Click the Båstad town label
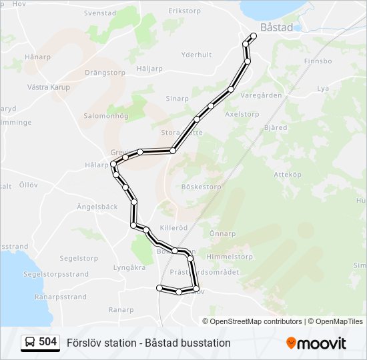pyautogui.click(x=276, y=28)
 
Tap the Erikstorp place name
pyautogui.click(x=185, y=11)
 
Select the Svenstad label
pyautogui.click(x=99, y=13)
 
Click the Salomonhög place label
pyautogui.click(x=105, y=116)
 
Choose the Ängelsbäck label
pyautogui.click(x=97, y=207)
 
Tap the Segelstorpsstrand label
pyautogui.click(x=55, y=274)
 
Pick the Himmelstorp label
pyautogui.click(x=227, y=257)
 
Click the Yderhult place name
pyautogui.click(x=196, y=55)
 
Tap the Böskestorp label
pyautogui.click(x=201, y=187)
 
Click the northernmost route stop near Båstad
pyautogui.click(x=253, y=36)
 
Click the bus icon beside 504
pyautogui.click(x=30, y=343)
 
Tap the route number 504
pyautogui.click(x=48, y=342)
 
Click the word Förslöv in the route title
pyautogui.click(x=82, y=343)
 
